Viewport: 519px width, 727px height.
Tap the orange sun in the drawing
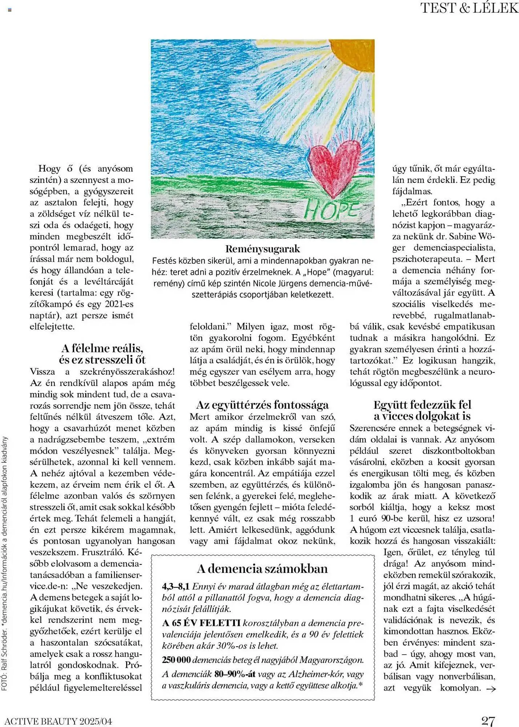tap(354, 49)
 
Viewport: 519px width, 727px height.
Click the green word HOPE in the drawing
tap(331, 210)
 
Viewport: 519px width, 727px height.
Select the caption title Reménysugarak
tap(262, 249)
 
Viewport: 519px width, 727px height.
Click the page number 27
tap(488, 720)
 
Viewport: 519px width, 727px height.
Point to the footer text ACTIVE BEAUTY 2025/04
tap(58, 721)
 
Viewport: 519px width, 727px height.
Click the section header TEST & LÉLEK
tap(469, 8)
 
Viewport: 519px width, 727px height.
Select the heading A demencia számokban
tap(262, 569)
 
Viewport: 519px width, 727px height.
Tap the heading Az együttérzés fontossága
tap(262, 405)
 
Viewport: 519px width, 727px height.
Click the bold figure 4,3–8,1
tap(176, 586)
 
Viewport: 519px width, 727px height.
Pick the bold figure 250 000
tap(176, 660)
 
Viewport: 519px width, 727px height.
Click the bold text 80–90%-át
tap(235, 674)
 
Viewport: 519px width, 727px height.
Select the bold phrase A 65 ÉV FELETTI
tap(201, 623)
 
